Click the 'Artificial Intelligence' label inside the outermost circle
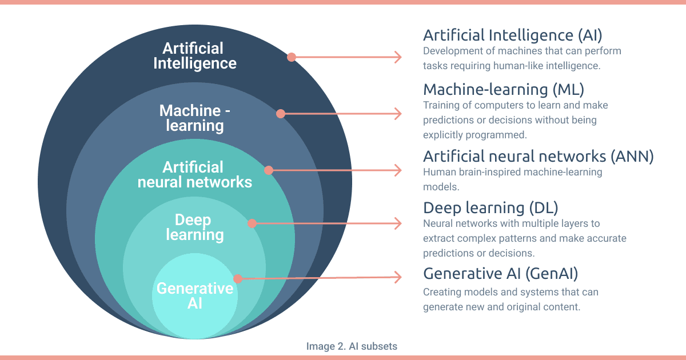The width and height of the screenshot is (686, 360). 195,55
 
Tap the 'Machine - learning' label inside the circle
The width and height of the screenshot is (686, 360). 195,118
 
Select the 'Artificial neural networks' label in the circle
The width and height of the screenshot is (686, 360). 195,174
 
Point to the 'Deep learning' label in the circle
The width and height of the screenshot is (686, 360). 194,227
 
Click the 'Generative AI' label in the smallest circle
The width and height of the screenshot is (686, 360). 195,295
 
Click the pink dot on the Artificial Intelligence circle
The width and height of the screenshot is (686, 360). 292,57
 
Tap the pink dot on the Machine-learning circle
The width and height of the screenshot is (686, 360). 281,114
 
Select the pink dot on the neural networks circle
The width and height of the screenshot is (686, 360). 269,170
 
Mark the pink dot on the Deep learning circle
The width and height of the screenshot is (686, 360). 252,223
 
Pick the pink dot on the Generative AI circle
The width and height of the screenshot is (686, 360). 238,278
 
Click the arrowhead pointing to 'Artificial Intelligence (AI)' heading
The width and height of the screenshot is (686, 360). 399,57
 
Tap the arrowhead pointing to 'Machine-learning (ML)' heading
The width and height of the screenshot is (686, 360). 399,114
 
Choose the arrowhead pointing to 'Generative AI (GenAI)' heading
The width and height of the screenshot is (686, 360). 399,278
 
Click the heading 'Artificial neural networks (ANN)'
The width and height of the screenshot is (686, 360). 538,156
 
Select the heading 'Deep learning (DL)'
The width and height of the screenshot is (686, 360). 490,207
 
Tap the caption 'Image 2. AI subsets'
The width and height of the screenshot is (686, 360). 352,346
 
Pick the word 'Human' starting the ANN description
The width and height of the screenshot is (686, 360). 437,171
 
